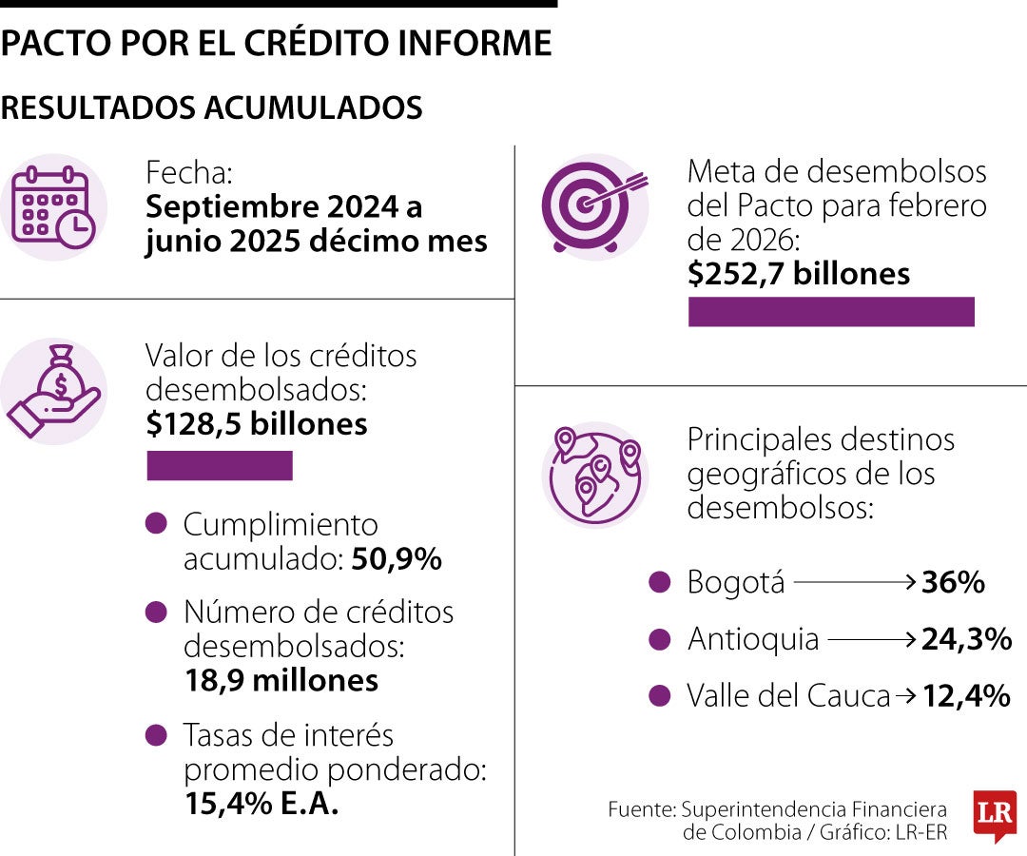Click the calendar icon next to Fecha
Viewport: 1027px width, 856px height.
pyautogui.click(x=54, y=207)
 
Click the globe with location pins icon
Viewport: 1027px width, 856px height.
pyautogui.click(x=594, y=473)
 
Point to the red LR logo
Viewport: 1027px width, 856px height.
pyautogui.click(x=995, y=815)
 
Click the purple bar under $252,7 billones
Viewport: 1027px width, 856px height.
pyautogui.click(x=831, y=312)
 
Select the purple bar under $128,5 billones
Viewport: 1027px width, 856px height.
pyautogui.click(x=219, y=466)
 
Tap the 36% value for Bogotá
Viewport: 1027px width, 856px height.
pyautogui.click(x=953, y=582)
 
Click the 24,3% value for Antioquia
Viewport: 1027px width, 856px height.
pyautogui.click(x=966, y=639)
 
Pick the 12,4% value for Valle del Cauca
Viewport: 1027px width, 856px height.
pyautogui.click(x=966, y=696)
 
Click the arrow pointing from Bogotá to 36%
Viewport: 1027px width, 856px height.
pyautogui.click(x=854, y=581)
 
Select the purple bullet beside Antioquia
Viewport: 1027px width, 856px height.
pyautogui.click(x=659, y=639)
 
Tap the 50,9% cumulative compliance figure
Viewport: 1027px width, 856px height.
pyautogui.click(x=397, y=559)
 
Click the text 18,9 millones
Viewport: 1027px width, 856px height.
pyautogui.click(x=281, y=680)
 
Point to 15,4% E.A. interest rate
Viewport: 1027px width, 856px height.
pyautogui.click(x=262, y=804)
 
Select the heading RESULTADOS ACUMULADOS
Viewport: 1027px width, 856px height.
pyautogui.click(x=211, y=108)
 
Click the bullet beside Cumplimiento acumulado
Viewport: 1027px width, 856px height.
pyautogui.click(x=157, y=523)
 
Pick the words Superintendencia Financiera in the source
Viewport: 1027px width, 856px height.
pyautogui.click(x=814, y=809)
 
